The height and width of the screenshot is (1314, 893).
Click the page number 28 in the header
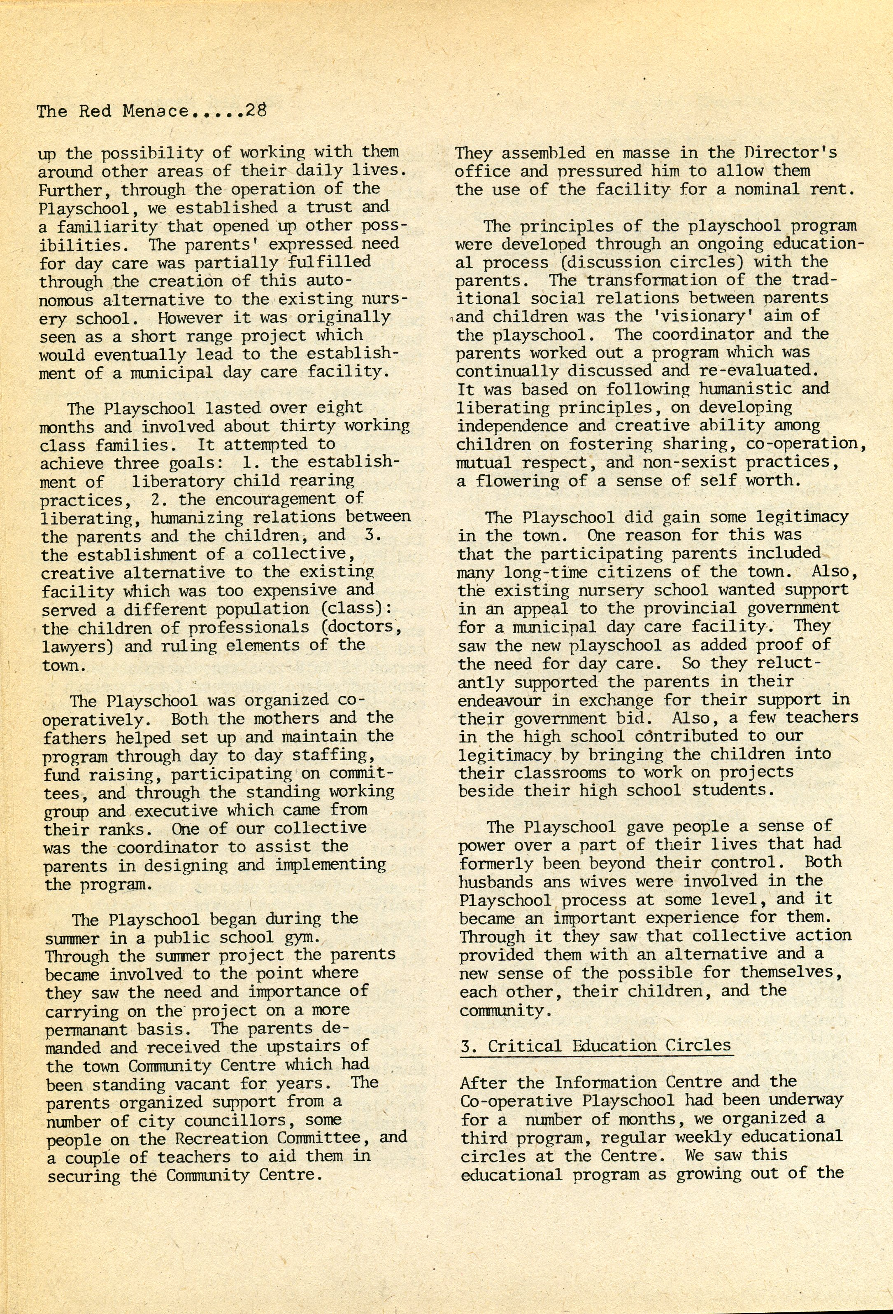pyautogui.click(x=256, y=110)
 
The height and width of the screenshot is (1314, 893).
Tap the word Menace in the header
pyautogui.click(x=156, y=111)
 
